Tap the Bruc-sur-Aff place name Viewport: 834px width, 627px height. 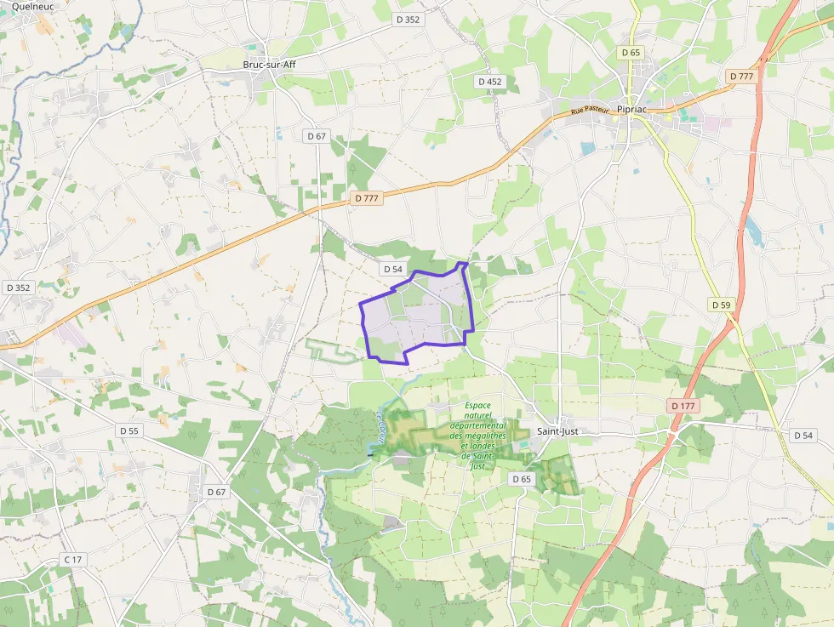269,65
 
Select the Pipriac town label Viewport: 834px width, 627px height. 635,111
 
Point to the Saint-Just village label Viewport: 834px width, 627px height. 557,432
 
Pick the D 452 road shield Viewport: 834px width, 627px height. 490,82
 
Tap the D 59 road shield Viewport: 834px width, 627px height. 721,305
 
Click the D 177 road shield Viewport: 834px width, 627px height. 683,407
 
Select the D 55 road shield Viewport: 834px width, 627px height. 129,431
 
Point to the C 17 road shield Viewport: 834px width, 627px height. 73,560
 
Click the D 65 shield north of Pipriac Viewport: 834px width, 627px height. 631,53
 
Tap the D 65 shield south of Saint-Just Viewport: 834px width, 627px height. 522,480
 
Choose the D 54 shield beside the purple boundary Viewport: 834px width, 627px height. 392,269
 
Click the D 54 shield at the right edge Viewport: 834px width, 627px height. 803,436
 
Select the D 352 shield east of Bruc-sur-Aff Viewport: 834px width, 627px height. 408,20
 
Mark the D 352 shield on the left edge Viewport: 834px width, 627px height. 18,288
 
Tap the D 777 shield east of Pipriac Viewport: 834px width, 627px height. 742,77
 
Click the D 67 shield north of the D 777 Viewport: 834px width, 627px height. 316,136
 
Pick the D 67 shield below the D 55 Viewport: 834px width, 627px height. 217,492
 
